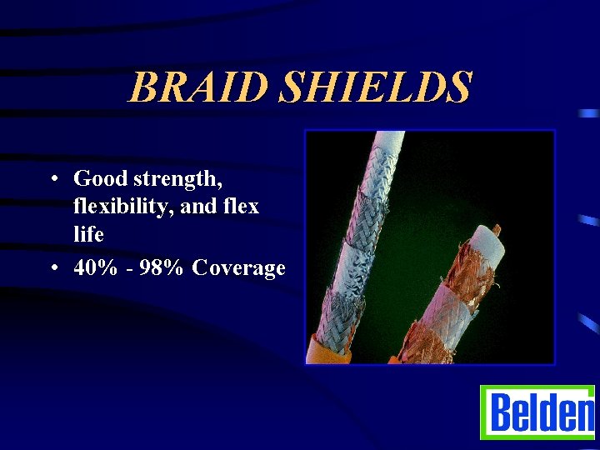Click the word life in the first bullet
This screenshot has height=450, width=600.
88,234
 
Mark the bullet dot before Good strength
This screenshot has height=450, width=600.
52,179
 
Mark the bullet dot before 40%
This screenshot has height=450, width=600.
52,268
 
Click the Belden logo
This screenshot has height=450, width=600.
537,412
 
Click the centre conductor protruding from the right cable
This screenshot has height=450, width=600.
497,227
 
